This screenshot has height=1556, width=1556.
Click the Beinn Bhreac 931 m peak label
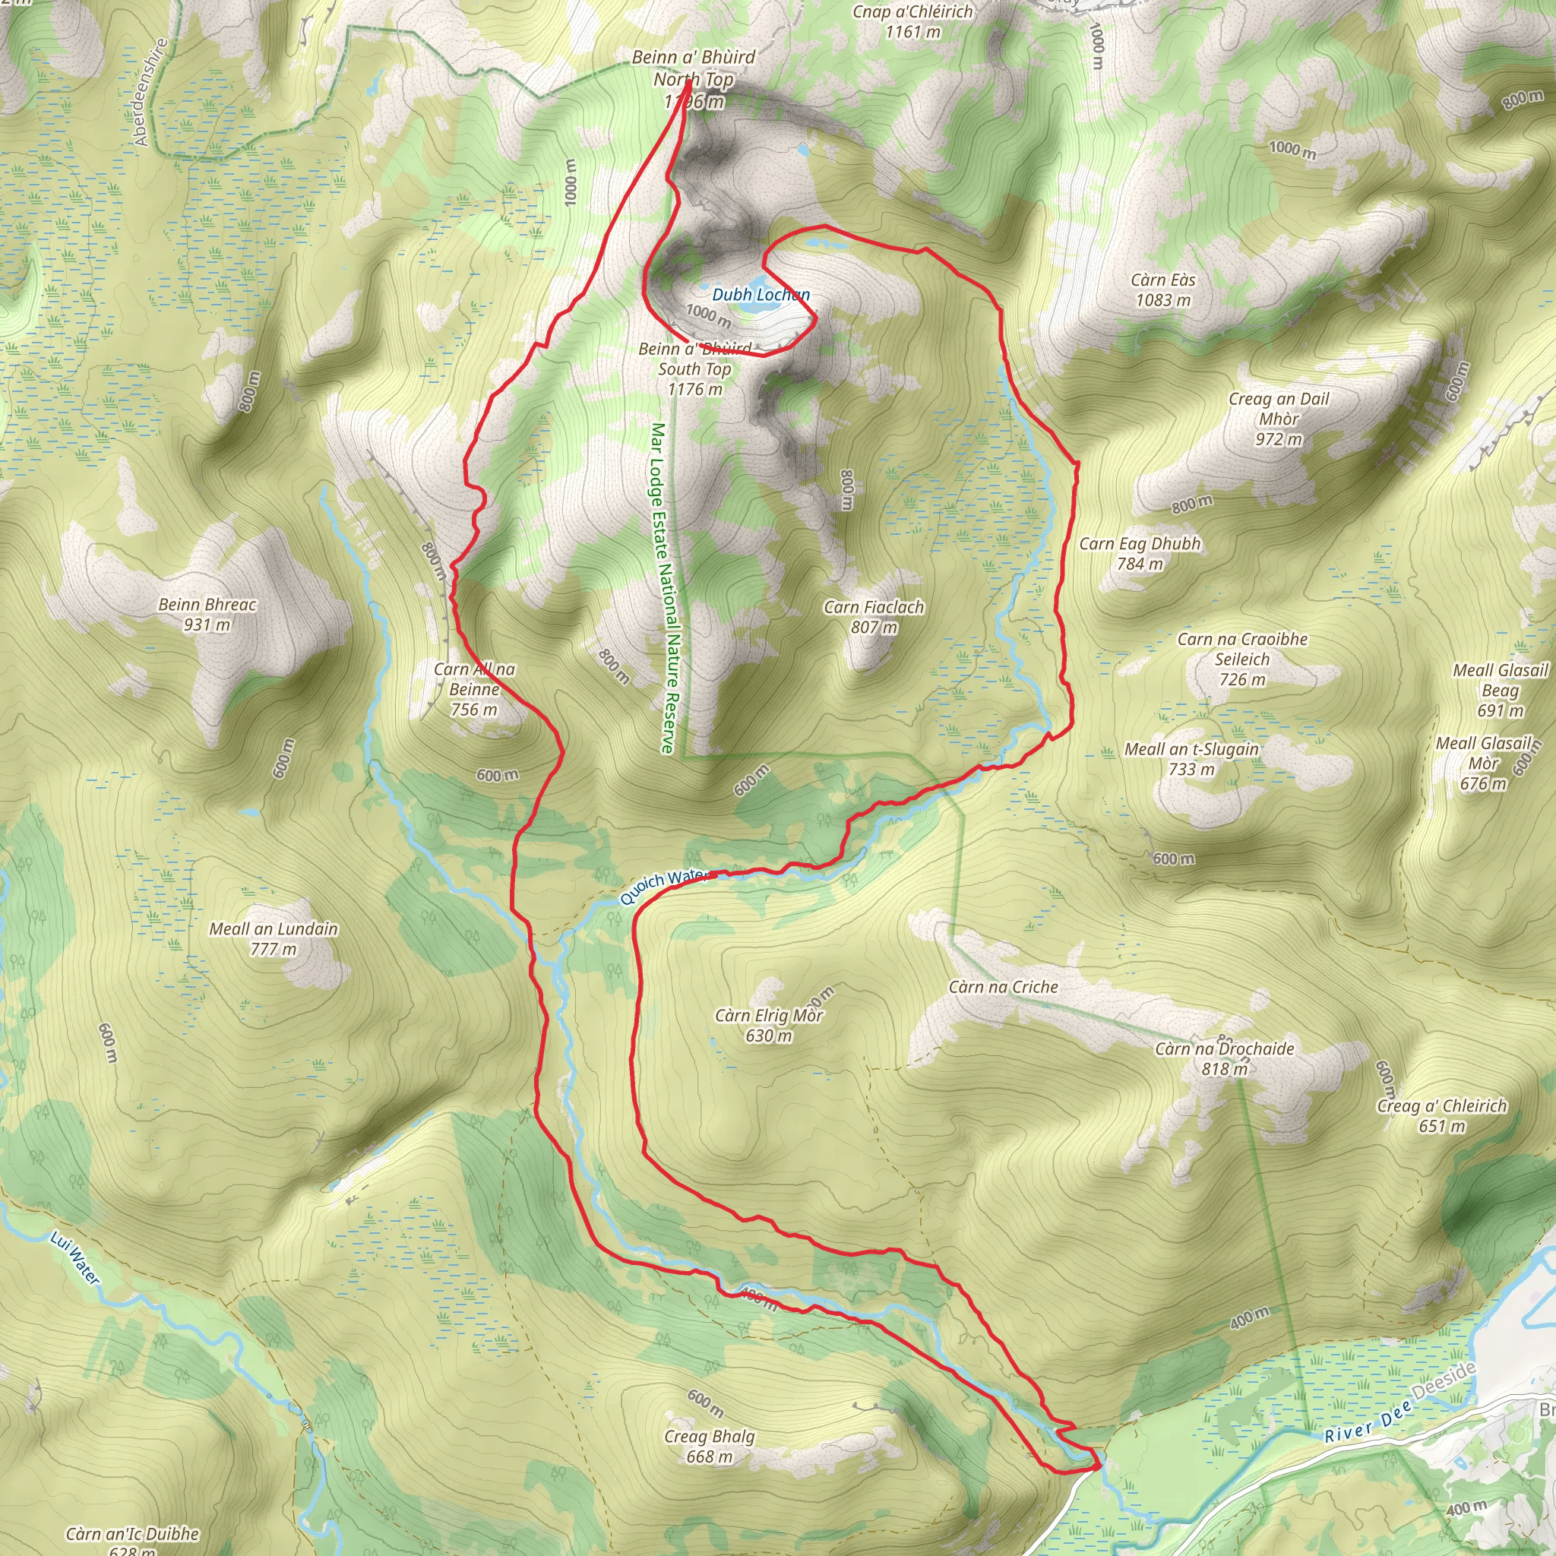207,615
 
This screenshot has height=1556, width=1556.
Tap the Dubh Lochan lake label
761,295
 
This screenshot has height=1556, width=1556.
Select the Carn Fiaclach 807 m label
874,617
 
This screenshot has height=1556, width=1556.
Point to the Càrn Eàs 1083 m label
1162,290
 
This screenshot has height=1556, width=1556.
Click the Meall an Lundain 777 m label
274,938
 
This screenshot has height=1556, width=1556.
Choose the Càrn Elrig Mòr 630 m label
768,1025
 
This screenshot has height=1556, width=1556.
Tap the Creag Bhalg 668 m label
710,1447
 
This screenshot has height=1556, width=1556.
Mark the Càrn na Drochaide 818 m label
1224,1058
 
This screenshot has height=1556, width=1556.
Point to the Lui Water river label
75,1258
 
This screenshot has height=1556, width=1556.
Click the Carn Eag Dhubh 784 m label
1140,553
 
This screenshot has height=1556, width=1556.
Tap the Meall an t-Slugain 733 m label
1191,759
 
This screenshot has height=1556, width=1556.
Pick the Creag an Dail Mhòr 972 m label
1279,419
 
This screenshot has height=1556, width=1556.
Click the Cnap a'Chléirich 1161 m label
912,21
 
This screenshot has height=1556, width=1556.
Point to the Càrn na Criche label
1003,988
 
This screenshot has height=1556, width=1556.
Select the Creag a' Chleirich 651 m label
1441,1115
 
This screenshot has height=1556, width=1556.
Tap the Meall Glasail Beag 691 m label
1501,690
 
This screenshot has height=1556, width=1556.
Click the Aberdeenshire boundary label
150,93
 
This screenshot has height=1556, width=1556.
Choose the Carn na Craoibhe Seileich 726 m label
1242,659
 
